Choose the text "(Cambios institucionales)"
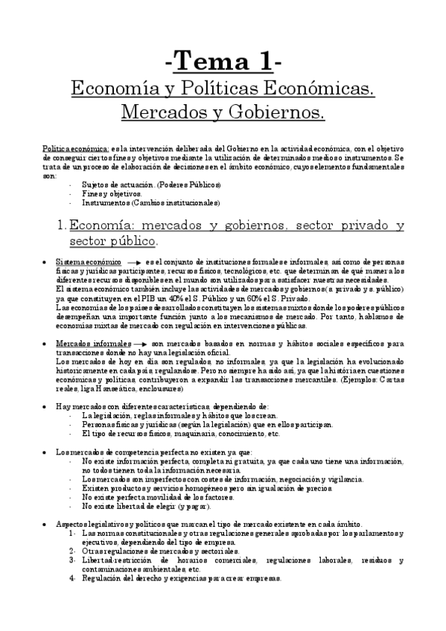point(184,202)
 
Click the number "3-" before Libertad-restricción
point(72,560)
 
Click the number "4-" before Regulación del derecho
point(72,577)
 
